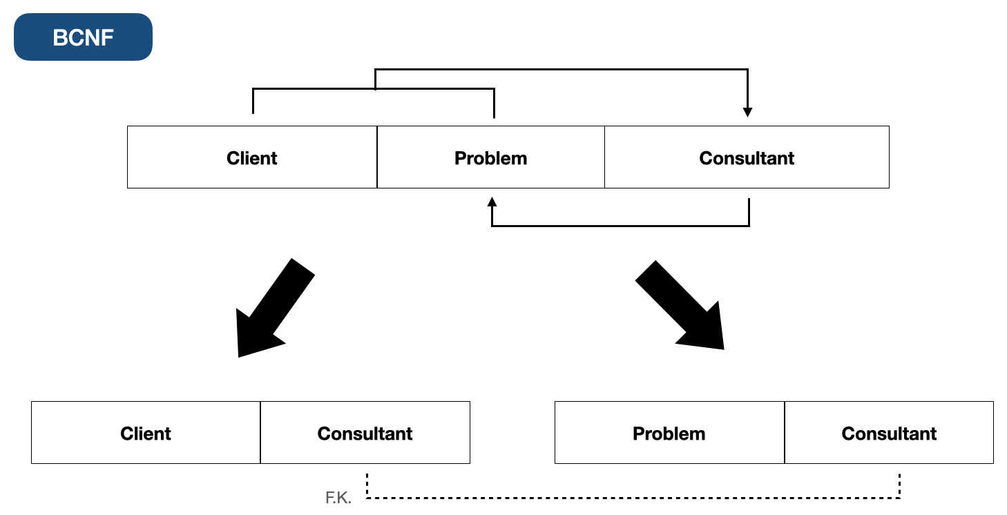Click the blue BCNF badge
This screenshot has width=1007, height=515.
pyautogui.click(x=83, y=37)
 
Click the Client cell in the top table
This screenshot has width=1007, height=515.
pyautogui.click(x=252, y=157)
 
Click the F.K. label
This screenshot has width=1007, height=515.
pyautogui.click(x=338, y=498)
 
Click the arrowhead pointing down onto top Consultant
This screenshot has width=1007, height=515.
pyautogui.click(x=747, y=112)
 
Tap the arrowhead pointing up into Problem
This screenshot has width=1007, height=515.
pyautogui.click(x=491, y=202)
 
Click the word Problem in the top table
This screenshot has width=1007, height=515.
pyautogui.click(x=490, y=158)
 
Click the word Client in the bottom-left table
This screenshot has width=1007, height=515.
pyautogui.click(x=146, y=434)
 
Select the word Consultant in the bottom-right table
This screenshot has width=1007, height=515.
pyautogui.click(x=889, y=434)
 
